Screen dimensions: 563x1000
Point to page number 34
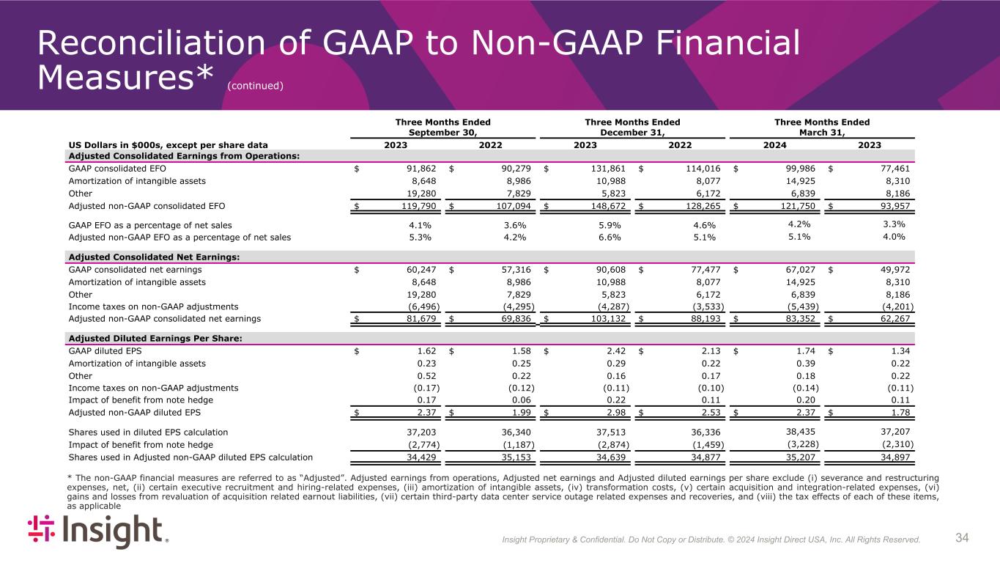point(962,539)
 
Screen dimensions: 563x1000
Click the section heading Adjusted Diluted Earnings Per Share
point(155,338)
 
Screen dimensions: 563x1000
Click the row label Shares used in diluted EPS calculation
point(148,433)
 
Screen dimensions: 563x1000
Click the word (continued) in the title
point(255,86)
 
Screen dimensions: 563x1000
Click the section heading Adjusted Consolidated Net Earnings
point(154,257)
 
